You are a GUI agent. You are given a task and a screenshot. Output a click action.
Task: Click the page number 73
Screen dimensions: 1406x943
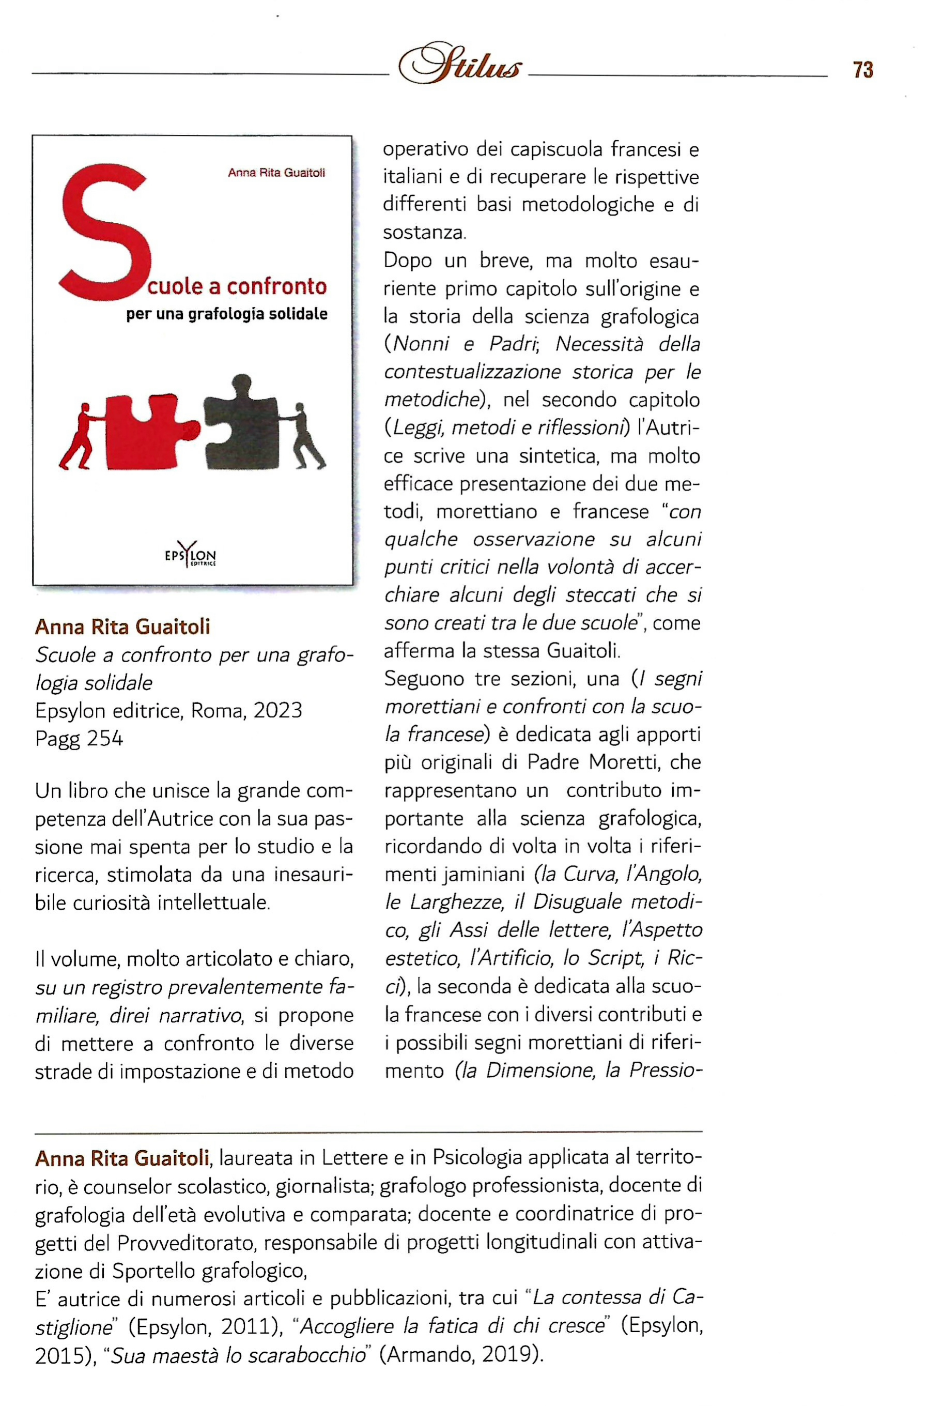pos(862,70)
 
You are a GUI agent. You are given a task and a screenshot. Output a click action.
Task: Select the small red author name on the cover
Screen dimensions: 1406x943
pos(276,173)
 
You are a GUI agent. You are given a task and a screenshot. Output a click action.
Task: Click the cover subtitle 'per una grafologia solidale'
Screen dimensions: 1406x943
pos(227,314)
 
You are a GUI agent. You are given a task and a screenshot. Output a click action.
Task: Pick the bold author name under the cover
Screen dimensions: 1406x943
pos(122,627)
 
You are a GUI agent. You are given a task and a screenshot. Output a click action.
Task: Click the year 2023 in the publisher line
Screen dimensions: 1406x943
pos(277,711)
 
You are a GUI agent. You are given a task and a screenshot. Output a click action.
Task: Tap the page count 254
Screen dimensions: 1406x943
pos(105,738)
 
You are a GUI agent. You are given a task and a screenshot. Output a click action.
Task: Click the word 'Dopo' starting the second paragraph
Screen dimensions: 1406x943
pos(408,261)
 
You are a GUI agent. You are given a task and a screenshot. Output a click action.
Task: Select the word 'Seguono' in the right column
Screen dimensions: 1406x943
pos(425,679)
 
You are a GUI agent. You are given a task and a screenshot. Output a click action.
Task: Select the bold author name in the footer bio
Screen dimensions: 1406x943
pos(122,1157)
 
